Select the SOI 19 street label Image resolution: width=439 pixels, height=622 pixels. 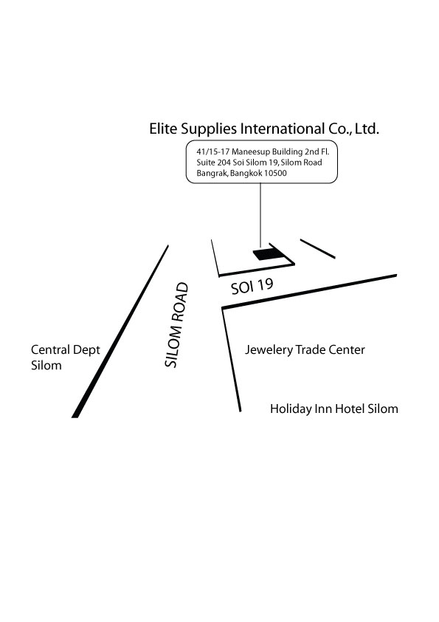(x=252, y=286)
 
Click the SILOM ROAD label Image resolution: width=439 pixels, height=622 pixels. (x=176, y=325)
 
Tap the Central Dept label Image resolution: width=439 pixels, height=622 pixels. (x=66, y=350)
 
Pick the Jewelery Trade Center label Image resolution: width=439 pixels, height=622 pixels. (x=305, y=350)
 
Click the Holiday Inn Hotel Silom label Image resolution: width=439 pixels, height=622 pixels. (x=334, y=409)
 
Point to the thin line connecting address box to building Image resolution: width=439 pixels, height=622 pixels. (x=260, y=216)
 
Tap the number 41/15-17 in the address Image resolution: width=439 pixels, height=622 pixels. (x=213, y=152)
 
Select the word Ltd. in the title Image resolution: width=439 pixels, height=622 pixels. (x=367, y=129)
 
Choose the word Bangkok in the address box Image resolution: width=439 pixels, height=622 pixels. (x=244, y=174)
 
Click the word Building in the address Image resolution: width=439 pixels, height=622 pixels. (x=287, y=152)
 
